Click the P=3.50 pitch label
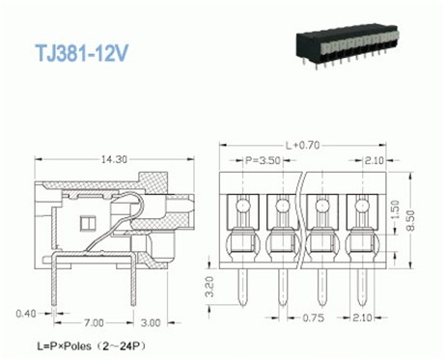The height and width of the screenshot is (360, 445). (260, 159)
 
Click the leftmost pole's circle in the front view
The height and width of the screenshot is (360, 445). (242, 205)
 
